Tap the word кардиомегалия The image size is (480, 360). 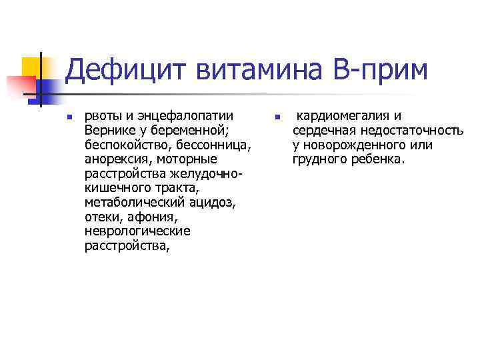pos(342,115)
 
